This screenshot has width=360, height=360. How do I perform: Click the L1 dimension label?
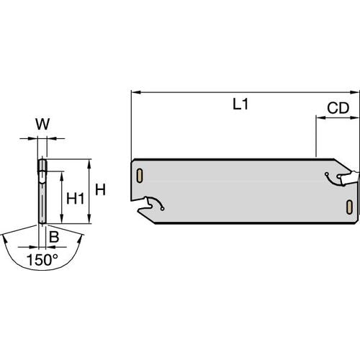[240, 104]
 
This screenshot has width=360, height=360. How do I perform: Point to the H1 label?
[73, 197]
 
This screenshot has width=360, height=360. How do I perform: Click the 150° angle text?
[42, 258]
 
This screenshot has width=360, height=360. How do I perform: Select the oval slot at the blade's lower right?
[349, 207]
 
